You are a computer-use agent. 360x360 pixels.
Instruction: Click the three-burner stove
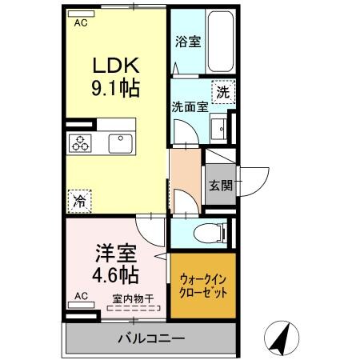click(x=81, y=143)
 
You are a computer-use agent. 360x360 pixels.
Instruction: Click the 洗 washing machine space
click(x=223, y=92)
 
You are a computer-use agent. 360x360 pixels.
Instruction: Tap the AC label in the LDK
click(x=81, y=22)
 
